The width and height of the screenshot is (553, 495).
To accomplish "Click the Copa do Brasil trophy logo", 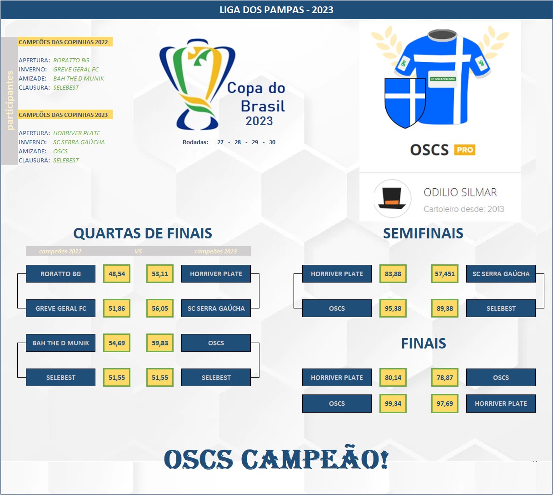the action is (x=197, y=84).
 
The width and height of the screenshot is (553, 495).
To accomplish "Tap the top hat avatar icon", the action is (x=392, y=198).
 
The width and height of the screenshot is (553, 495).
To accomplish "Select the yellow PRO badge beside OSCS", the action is (x=464, y=150).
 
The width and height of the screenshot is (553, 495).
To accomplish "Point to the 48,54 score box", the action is (x=116, y=273).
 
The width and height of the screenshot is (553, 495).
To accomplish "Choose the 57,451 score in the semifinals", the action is (x=445, y=273).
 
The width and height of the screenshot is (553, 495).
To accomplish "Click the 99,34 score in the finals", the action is (x=393, y=404).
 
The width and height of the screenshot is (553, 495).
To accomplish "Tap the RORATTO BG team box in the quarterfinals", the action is (x=60, y=273).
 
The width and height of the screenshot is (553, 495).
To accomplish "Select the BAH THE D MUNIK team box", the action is (x=60, y=343).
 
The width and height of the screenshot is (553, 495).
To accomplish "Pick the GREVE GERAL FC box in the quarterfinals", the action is (x=60, y=308).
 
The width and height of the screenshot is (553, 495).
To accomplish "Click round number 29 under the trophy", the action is (x=255, y=142).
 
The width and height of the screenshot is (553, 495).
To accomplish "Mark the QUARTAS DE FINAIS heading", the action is (x=143, y=233).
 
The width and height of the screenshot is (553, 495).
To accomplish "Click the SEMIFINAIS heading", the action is (x=423, y=233).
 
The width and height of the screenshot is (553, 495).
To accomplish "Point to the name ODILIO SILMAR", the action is (x=460, y=192).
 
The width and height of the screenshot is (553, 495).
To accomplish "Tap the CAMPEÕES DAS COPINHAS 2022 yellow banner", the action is (x=65, y=42).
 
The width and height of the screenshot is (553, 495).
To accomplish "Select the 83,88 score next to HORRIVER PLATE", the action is (x=393, y=273).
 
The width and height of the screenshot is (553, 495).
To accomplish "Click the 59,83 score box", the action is (x=159, y=343).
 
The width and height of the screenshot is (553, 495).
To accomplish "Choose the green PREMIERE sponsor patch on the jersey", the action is (x=443, y=79).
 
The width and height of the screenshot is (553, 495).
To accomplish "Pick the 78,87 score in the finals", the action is (x=445, y=378).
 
